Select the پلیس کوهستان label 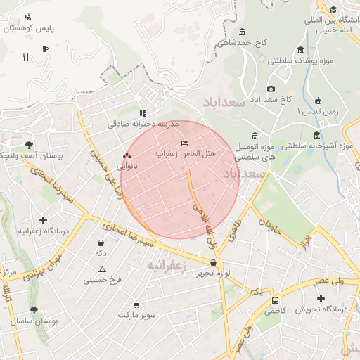point(30,29)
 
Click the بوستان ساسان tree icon point(34,310)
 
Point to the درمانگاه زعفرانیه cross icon point(44,221)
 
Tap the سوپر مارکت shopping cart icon point(136,305)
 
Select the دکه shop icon point(101,242)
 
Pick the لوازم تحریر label point(214,272)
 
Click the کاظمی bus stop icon point(275,301)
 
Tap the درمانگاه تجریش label point(321,309)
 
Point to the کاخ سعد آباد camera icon point(271,89)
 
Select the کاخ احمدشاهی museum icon point(243,32)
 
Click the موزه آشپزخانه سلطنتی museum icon point(318,136)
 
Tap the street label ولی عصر point(328,281)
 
